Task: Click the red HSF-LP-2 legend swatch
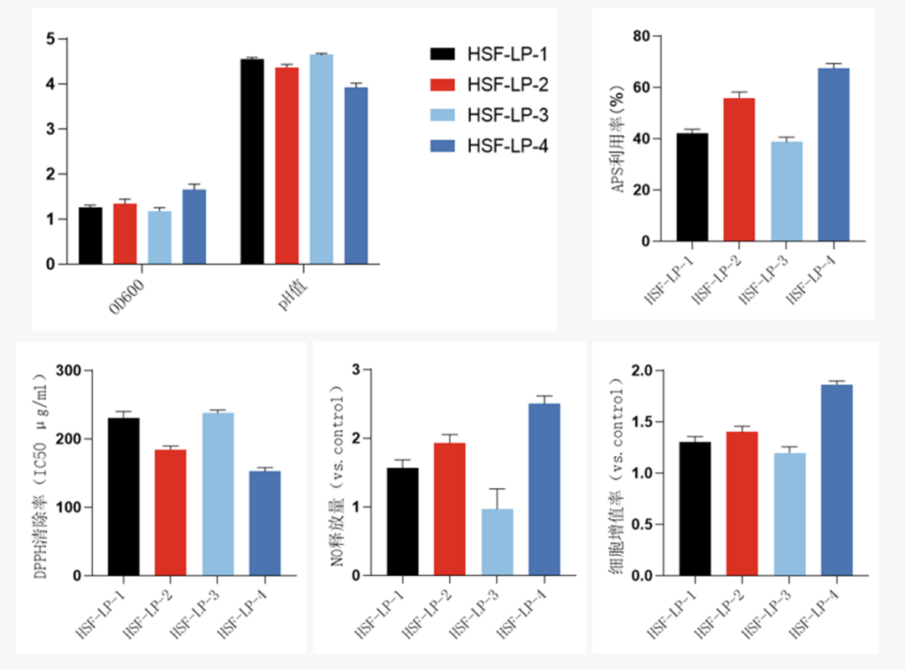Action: tap(442, 85)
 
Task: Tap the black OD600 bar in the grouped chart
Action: tap(90, 236)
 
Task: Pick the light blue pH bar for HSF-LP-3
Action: tap(321, 159)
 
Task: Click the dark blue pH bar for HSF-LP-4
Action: tap(355, 176)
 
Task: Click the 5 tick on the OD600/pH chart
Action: tap(51, 39)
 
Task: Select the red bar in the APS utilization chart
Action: tap(740, 170)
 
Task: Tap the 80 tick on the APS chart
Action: tap(641, 36)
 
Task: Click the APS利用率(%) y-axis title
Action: tap(620, 138)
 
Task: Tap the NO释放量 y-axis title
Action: tap(337, 474)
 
